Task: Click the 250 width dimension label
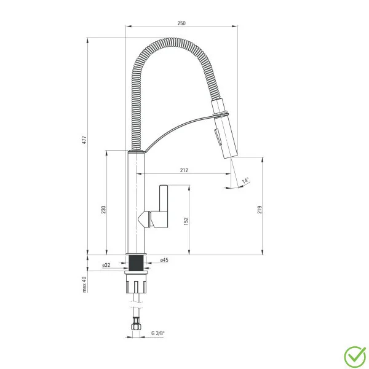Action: (x=181, y=23)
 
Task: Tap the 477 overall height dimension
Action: (x=84, y=140)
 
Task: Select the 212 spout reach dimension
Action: (x=184, y=170)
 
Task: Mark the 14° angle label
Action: (x=245, y=181)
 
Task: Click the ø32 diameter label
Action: (x=106, y=265)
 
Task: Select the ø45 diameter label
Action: (x=164, y=260)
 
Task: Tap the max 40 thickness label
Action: (x=84, y=284)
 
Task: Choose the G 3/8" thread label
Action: (x=158, y=333)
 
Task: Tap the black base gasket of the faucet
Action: (x=136, y=263)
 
